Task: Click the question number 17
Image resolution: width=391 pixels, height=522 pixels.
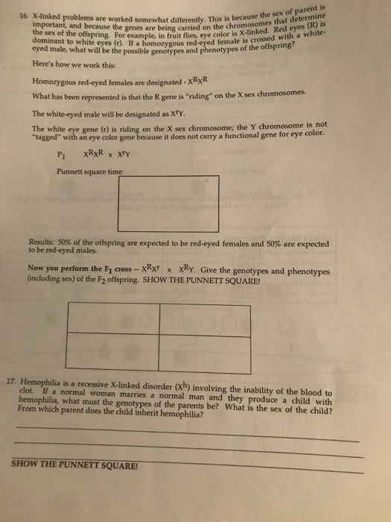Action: click(x=18, y=379)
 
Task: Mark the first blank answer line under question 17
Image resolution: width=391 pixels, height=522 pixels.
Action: click(x=186, y=432)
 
